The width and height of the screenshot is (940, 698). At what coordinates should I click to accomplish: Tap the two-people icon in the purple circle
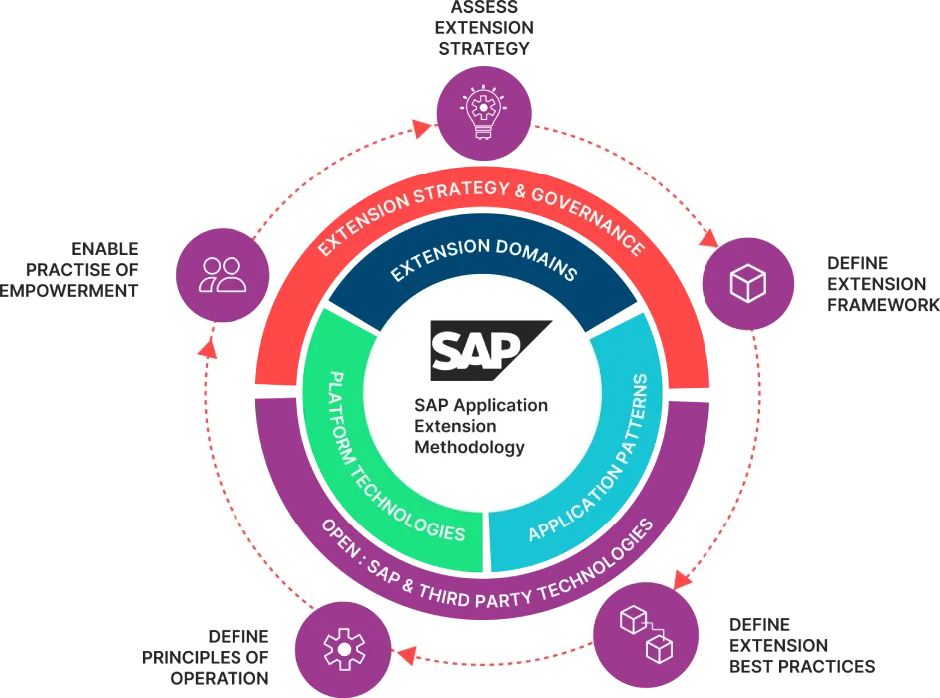coord(223,274)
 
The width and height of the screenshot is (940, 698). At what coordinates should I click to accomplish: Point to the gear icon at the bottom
coord(342,648)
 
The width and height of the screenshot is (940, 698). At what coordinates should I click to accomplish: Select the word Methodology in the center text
coord(469,447)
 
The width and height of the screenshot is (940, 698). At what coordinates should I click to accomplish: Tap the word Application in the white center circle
coord(502,405)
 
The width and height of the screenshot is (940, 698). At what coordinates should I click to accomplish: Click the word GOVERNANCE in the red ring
coord(589,216)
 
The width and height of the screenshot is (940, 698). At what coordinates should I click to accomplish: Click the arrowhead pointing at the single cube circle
coord(709,240)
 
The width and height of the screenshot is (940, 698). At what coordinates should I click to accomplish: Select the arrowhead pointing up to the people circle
coord(207,347)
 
